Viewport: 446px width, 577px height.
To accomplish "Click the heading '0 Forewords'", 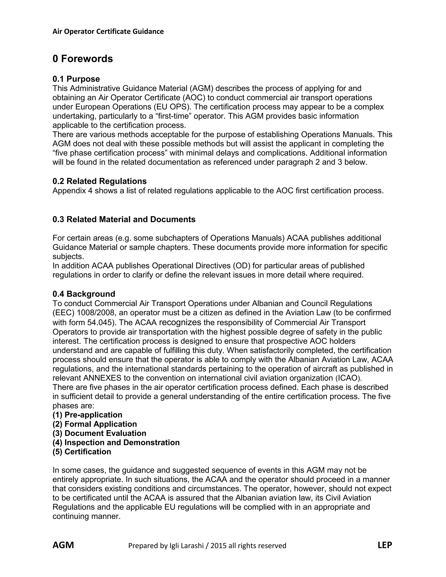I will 83,59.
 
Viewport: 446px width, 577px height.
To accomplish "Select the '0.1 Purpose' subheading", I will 76,79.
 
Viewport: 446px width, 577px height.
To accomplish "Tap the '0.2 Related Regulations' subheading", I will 99,181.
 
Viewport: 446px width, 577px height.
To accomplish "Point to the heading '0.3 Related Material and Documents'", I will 124,219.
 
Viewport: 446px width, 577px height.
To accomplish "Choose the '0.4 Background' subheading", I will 84,294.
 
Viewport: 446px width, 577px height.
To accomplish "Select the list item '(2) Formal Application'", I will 95,424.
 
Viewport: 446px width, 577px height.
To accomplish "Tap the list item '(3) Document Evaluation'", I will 99,433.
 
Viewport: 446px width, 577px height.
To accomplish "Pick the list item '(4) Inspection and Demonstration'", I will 116,442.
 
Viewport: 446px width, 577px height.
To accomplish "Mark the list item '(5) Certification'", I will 82,452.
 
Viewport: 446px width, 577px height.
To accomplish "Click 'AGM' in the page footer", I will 63,545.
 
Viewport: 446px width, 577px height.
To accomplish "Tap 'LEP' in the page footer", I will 385,545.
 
